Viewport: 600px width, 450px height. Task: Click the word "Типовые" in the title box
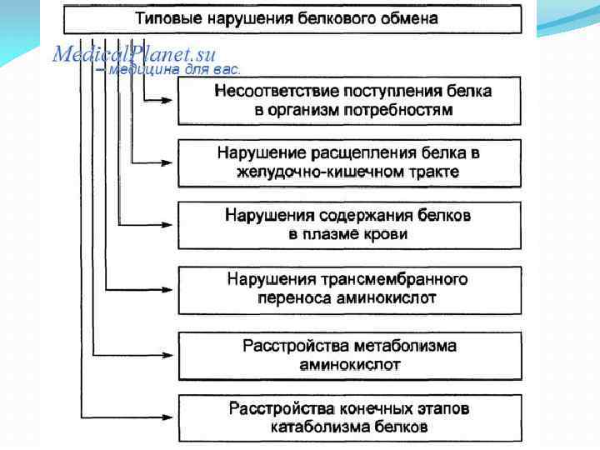pyautogui.click(x=167, y=17)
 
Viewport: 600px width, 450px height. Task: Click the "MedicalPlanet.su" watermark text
pyautogui.click(x=134, y=55)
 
